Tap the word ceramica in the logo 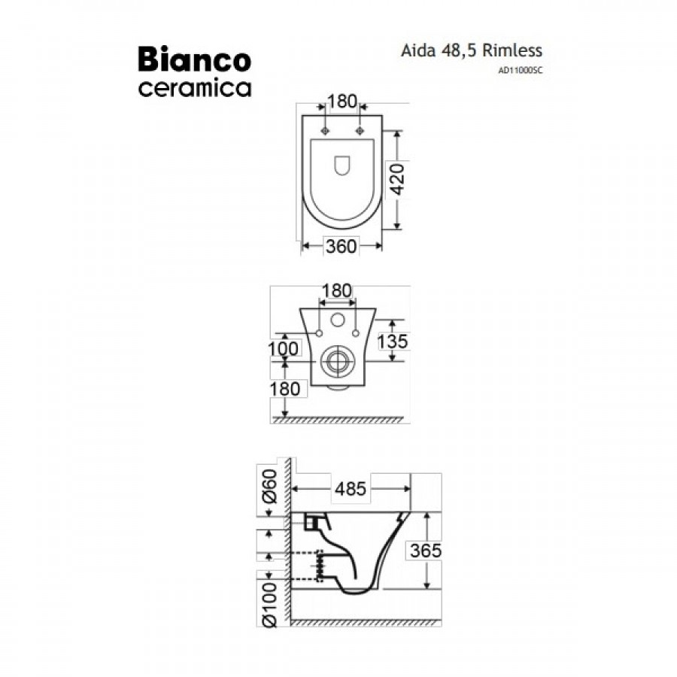(194, 88)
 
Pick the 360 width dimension (342, 245)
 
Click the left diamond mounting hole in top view (325, 132)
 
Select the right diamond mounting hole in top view (360, 132)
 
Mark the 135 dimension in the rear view (392, 342)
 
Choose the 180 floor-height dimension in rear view (285, 389)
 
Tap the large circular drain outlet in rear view (336, 362)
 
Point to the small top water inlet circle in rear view (336, 319)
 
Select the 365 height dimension (426, 551)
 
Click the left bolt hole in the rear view (319, 332)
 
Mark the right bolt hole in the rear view (354, 332)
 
